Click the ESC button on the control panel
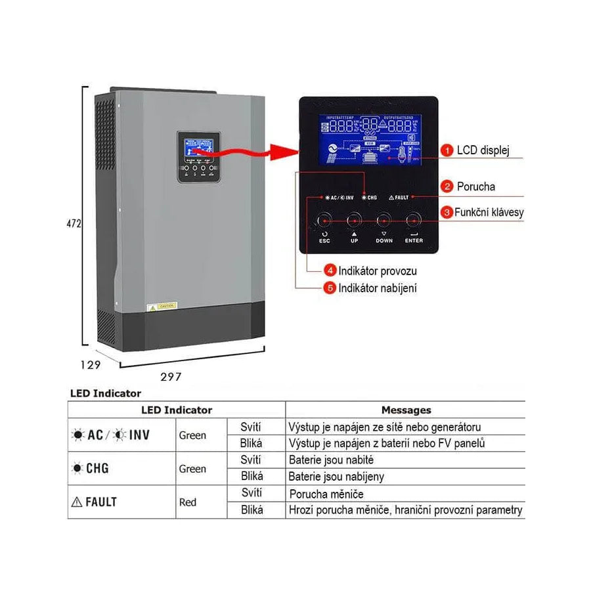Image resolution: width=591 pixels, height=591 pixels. click(324, 220)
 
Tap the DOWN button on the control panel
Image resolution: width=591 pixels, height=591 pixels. click(384, 220)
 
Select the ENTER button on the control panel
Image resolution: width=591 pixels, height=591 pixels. click(414, 220)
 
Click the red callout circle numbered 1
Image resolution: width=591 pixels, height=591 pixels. click(447, 150)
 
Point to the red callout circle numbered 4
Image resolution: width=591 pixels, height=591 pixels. click(331, 271)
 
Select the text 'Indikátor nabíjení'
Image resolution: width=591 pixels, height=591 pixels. click(377, 288)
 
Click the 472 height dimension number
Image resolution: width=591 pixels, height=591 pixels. click(74, 223)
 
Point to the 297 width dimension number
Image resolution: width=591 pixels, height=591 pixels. click(171, 377)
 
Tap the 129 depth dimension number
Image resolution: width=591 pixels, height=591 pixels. click(91, 365)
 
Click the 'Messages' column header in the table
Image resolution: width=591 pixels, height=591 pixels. click(406, 410)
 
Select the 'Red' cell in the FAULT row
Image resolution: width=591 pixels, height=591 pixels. click(188, 502)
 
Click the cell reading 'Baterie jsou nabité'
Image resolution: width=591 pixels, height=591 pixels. click(331, 460)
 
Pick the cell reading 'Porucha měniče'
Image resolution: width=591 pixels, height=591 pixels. click(326, 494)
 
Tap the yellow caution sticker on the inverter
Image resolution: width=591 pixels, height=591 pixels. click(161, 307)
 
